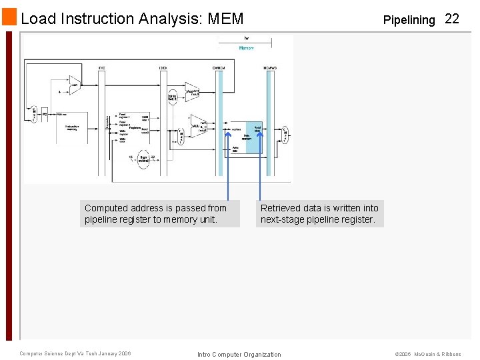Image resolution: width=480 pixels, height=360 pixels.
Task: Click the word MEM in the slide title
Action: [x=226, y=19]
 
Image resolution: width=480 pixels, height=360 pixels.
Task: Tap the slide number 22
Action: [x=452, y=19]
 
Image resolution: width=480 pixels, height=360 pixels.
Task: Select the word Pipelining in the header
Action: [x=409, y=20]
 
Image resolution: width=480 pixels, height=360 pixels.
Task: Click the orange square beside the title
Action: [x=9, y=17]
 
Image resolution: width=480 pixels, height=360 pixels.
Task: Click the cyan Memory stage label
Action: [x=247, y=48]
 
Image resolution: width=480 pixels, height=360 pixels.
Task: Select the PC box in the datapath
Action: [x=45, y=115]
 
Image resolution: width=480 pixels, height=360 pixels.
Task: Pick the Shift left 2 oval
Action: [x=172, y=99]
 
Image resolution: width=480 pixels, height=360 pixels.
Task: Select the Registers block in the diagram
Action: [x=133, y=127]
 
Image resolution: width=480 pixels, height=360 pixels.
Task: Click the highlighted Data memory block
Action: [x=255, y=137]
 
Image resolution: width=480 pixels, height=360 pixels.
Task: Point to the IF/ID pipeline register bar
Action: [x=101, y=120]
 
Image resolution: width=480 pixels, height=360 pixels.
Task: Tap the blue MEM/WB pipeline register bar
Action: [x=269, y=120]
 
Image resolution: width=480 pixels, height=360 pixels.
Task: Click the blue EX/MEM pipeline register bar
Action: [x=219, y=120]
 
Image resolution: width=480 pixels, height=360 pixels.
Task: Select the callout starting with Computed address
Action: [x=160, y=214]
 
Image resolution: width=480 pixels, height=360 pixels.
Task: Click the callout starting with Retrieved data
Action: [x=319, y=214]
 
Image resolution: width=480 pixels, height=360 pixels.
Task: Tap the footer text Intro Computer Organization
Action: [x=239, y=354]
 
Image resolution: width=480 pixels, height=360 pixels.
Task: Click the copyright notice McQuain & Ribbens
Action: [x=427, y=354]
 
